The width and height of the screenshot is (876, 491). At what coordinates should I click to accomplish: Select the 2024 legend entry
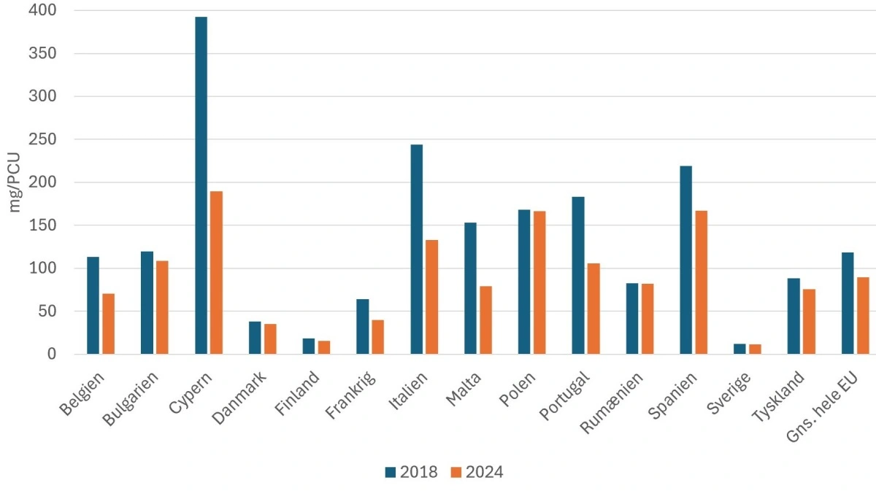[x=477, y=472]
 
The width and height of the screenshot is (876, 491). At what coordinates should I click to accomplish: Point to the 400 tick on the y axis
[x=45, y=11]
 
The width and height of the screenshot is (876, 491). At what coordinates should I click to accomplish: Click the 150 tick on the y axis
[x=45, y=225]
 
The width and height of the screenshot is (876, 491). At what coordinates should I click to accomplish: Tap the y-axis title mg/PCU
[x=15, y=182]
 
